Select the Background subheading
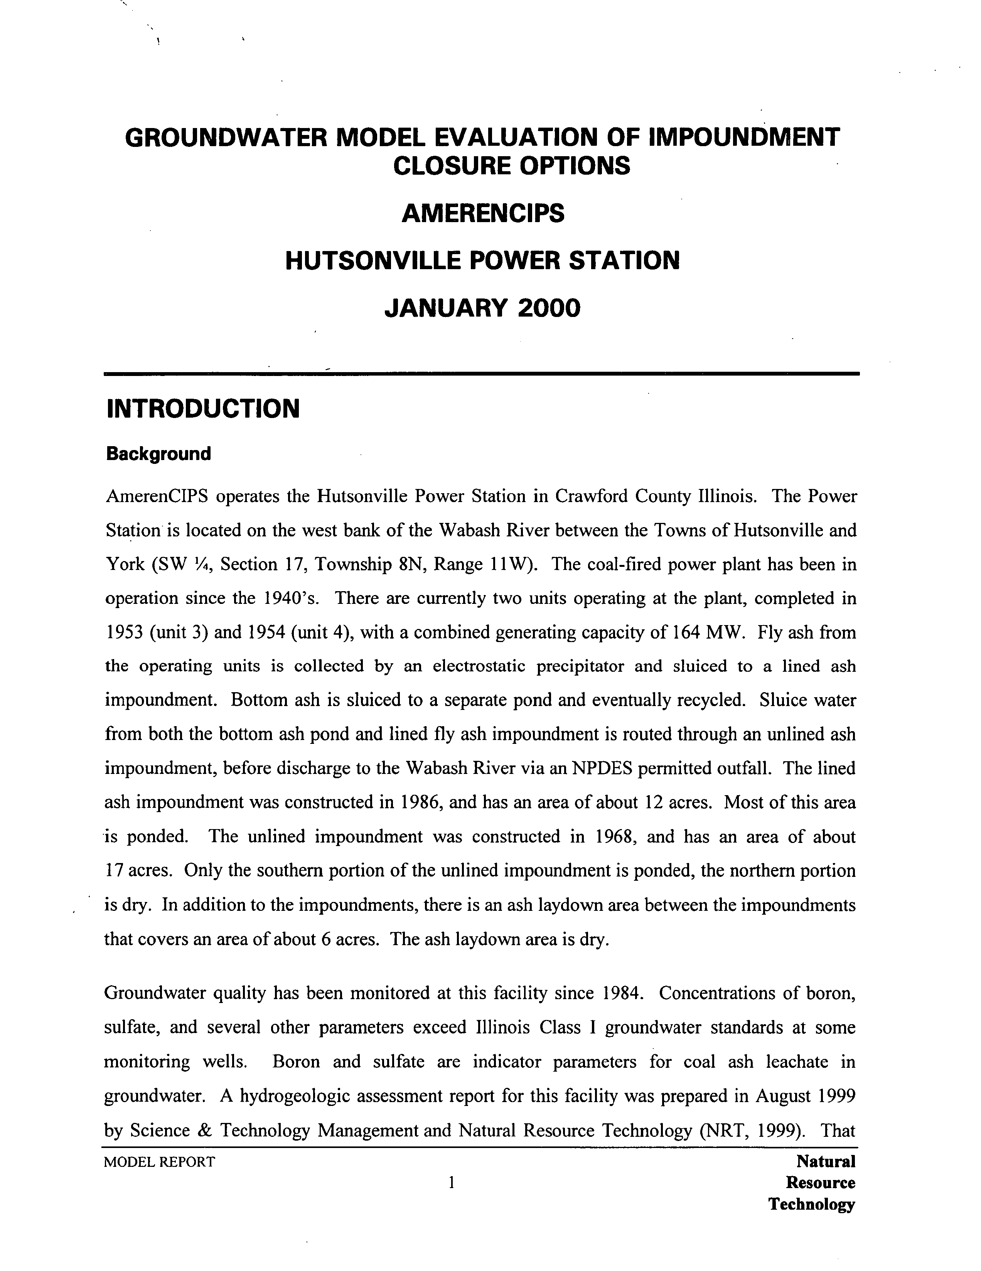[158, 454]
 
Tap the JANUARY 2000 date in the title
[482, 308]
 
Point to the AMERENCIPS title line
[482, 214]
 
